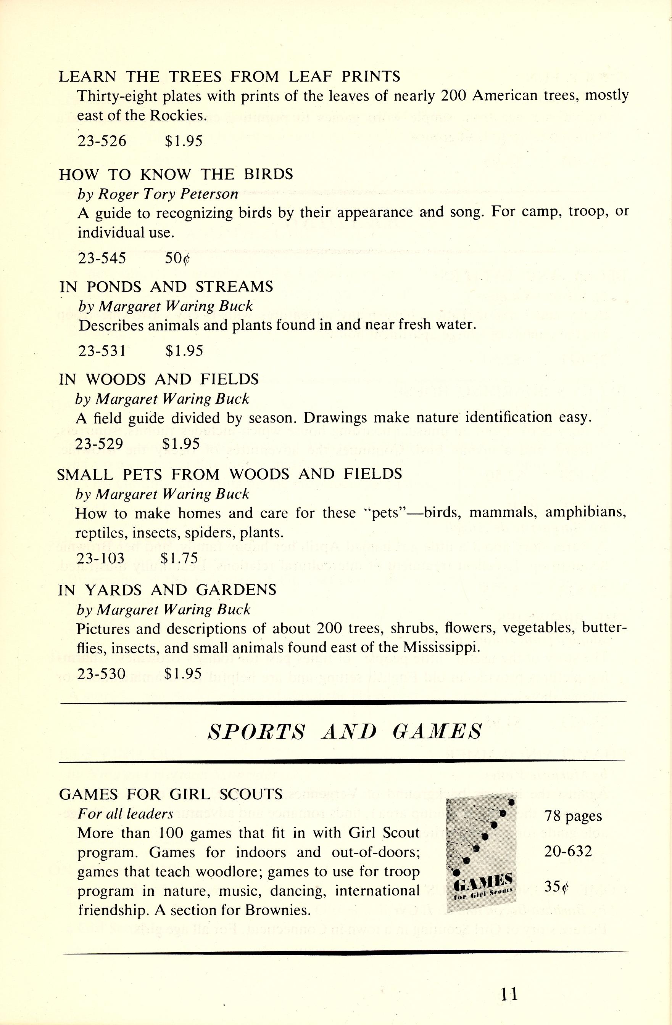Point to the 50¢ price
pyautogui.click(x=177, y=258)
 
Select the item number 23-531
pyautogui.click(x=102, y=351)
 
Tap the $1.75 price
pyautogui.click(x=179, y=558)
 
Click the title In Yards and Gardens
pyautogui.click(x=167, y=590)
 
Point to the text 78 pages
pyautogui.click(x=573, y=816)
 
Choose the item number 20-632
pyautogui.click(x=568, y=851)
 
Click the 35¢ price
pyautogui.click(x=556, y=887)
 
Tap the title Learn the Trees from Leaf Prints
pyautogui.click(x=229, y=76)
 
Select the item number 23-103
pyautogui.click(x=100, y=558)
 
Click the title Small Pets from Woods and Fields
pyautogui.click(x=229, y=474)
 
